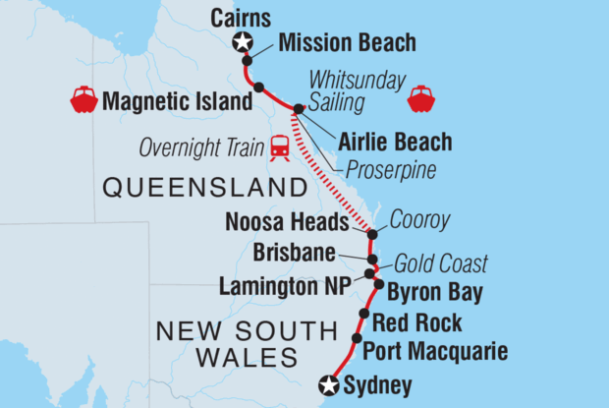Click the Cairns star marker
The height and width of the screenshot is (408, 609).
[242, 41]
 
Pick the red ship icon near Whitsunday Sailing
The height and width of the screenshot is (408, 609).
[421, 98]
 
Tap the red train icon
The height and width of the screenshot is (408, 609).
[280, 147]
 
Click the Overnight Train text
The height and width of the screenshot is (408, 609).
[201, 147]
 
